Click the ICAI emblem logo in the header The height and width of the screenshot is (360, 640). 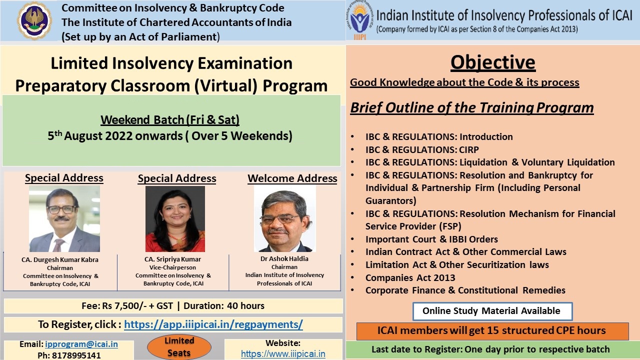34,20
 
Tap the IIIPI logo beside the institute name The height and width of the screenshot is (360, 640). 359,20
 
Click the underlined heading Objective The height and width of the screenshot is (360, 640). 493,62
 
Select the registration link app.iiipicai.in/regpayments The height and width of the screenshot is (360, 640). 213,324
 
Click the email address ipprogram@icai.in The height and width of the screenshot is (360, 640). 81,344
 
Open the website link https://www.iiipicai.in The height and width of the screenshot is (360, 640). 283,353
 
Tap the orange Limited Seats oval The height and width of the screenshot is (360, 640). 179,347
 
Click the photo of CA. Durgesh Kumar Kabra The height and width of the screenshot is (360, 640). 64,219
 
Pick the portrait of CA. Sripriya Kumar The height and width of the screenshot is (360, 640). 175,219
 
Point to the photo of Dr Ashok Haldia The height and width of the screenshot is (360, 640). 285,219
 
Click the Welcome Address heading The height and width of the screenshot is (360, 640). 292,178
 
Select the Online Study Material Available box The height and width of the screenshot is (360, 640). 492,311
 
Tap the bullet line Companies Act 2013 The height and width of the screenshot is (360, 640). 410,277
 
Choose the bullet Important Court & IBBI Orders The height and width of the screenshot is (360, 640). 431,239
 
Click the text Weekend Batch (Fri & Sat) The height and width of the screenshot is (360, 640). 170,120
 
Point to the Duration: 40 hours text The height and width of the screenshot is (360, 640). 223,306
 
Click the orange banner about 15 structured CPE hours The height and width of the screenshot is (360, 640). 492,331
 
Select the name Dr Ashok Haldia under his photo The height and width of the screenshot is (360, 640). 284,259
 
